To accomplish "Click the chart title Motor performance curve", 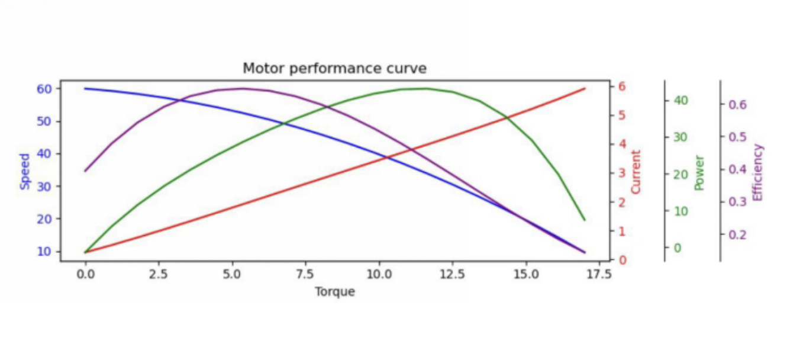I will point(334,69).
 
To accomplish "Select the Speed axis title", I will point(25,172).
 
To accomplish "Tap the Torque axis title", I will point(335,291).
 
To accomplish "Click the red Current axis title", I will point(636,172).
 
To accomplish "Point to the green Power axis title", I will point(699,172).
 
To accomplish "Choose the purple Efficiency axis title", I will point(757,172).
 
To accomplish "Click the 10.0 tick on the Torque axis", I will point(378,275).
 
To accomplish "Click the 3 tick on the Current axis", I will point(622,173).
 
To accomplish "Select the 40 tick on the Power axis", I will point(681,100).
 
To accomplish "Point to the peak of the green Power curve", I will point(424,88).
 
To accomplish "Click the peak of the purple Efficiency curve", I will point(243,88).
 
